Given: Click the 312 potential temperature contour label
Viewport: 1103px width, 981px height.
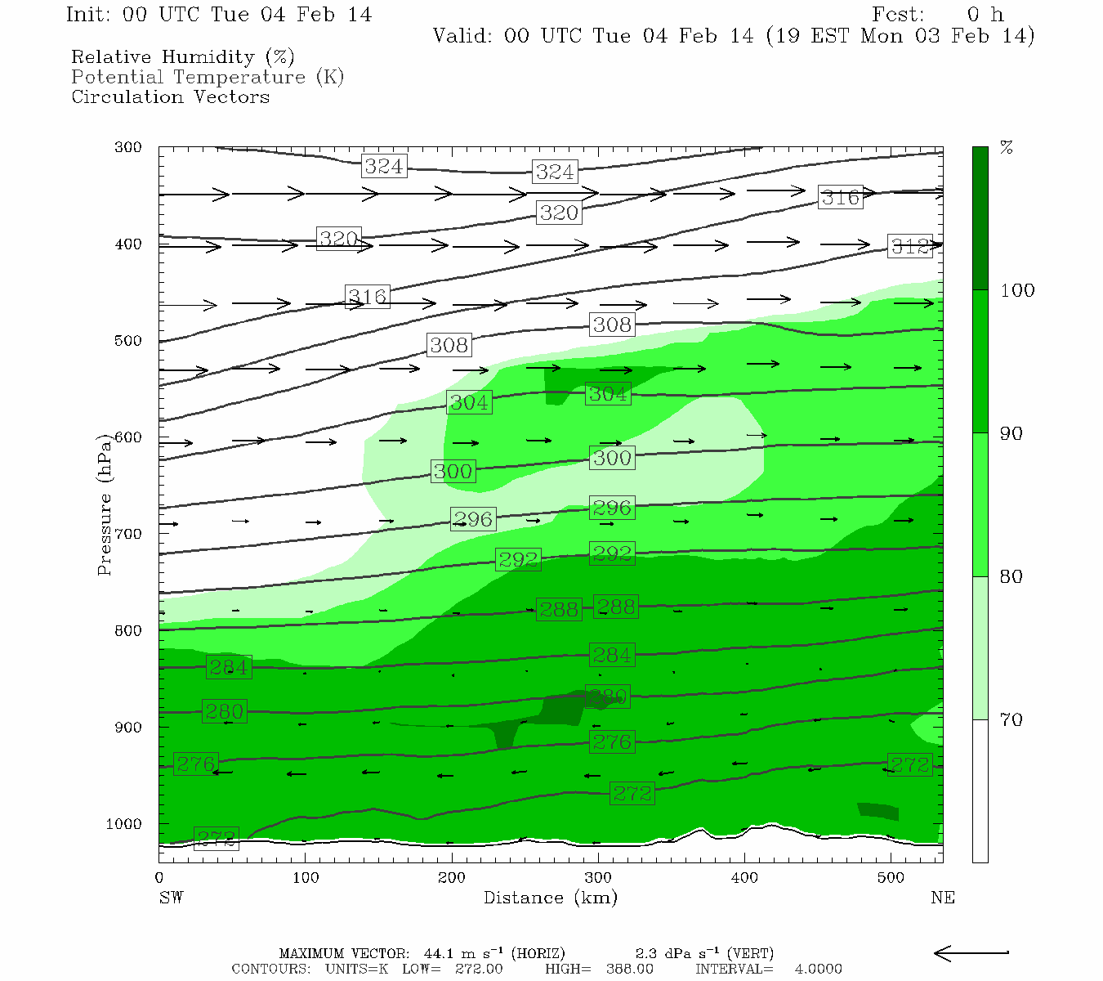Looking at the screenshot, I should coord(910,246).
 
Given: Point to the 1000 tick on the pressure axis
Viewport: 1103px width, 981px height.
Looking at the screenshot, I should coord(123,824).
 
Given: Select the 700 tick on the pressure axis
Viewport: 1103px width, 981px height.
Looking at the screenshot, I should coord(127,534).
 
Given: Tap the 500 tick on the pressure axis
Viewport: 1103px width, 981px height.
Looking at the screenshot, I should coord(127,341).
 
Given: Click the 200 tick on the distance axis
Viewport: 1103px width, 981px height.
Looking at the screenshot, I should coord(451,878).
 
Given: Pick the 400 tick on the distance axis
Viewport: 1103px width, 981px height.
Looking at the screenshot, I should coord(744,878).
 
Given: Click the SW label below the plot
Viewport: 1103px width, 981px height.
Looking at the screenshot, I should coord(171,898).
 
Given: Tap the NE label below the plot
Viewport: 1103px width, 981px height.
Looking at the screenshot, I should coord(942,898).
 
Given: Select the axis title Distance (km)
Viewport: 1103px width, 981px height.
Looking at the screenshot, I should coord(550,898).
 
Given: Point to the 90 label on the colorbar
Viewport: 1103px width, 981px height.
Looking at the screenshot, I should coord(1011,434).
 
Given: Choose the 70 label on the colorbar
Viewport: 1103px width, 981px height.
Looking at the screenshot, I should coord(1011,720).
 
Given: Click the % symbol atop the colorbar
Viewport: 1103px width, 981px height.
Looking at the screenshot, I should coord(1007,148).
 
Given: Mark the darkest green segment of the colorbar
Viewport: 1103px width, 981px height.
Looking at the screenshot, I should coord(980,218).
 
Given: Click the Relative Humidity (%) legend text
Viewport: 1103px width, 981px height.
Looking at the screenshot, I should coord(182,57).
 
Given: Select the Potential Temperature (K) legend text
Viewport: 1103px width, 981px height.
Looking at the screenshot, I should coord(208,78).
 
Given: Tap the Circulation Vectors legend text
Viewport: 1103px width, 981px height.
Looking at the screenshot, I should coord(170,97).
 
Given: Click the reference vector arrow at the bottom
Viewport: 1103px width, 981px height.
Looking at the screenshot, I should coord(971,953).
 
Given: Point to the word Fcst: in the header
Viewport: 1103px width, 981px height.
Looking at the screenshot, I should coord(898,15).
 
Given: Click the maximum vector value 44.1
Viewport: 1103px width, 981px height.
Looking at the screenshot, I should coord(440,954).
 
